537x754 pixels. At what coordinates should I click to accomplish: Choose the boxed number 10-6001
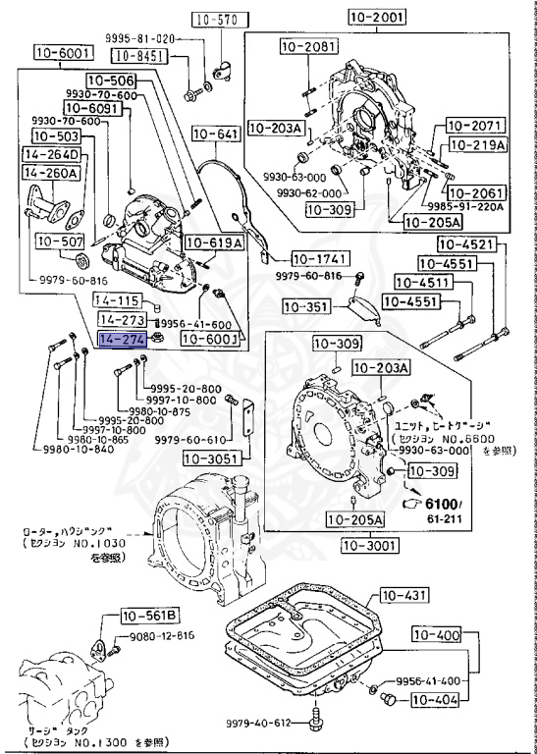tap(61, 53)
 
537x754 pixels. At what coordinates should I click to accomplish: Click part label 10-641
tap(216, 134)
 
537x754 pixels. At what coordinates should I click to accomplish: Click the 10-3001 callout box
tap(371, 546)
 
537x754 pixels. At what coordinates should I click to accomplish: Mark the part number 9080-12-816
tap(161, 636)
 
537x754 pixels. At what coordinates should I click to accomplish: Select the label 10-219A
tap(476, 144)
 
